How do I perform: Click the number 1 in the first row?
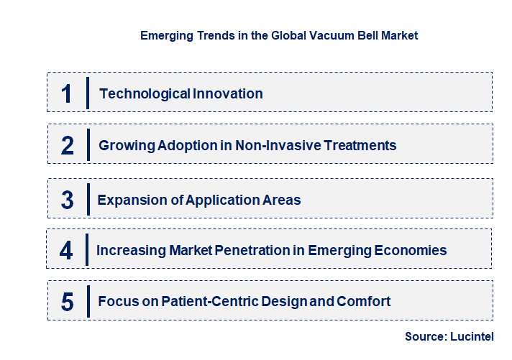coord(66,93)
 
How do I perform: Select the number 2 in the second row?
coord(68,146)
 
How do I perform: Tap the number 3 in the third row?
coord(67,200)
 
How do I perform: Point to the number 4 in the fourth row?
coord(66,251)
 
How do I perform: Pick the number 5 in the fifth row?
coord(67,302)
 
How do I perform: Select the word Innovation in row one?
coord(227,93)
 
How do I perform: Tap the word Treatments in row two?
coord(361,145)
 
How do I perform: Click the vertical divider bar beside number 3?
coord(87,199)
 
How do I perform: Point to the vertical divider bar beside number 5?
coord(88,300)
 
